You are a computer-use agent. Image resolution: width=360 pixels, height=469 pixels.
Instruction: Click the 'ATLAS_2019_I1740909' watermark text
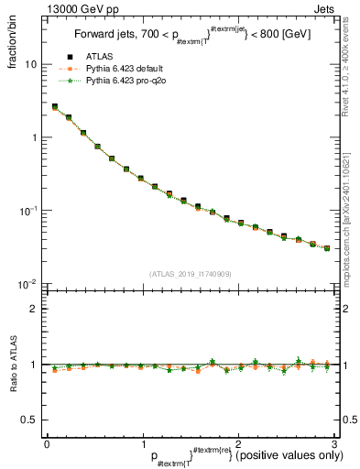(x=190, y=274)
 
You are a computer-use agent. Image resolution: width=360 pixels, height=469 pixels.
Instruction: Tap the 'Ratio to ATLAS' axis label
(x=16, y=365)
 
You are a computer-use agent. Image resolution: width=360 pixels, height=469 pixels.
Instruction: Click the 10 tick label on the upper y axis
(x=31, y=65)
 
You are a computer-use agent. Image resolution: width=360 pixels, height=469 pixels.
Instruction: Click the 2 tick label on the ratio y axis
(x=34, y=309)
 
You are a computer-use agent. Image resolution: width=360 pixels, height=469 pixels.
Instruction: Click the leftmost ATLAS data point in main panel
(x=55, y=107)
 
